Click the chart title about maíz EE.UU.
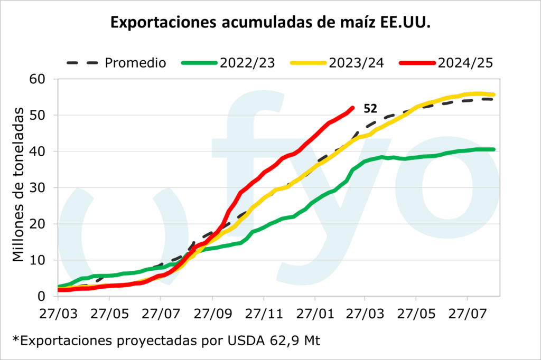(270, 22)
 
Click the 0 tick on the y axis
(44, 296)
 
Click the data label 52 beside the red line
(370, 109)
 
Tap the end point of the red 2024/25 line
(352, 108)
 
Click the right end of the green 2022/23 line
(493, 149)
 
